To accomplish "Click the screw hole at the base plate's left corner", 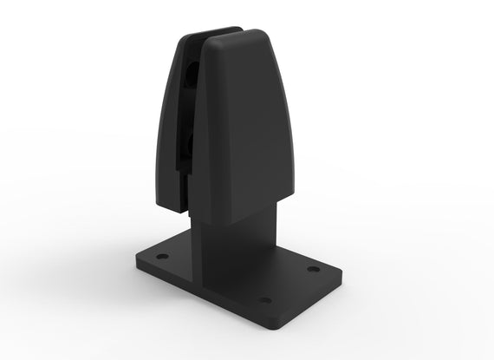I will (x=161, y=257).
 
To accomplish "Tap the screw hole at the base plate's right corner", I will (x=313, y=269).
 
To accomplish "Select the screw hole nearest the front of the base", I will (x=265, y=300).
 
